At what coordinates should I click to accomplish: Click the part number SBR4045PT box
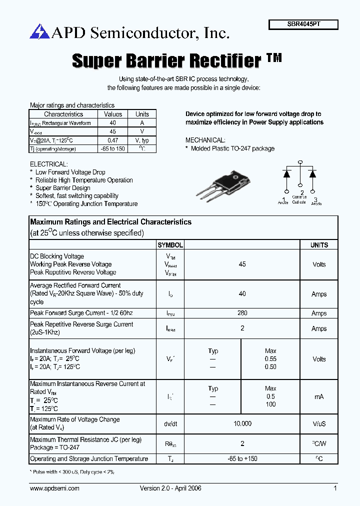pos(303,24)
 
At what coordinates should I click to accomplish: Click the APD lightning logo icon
pos(37,32)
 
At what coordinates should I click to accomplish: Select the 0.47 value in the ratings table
pos(113,140)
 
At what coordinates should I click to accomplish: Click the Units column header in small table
pos(142,114)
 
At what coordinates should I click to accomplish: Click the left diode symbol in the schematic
pos(287,174)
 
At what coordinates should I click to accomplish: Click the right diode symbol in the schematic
pos(313,174)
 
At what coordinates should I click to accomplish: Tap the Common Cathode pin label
pos(299,200)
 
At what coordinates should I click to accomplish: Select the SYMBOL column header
pos(170,245)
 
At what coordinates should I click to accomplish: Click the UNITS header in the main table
pos(319,245)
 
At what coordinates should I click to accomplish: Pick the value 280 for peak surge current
pos(242,313)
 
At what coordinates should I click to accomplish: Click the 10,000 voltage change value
pos(242,423)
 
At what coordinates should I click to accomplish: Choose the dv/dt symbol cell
pos(170,423)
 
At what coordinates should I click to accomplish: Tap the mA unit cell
pos(319,396)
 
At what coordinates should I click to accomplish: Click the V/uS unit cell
pos(319,423)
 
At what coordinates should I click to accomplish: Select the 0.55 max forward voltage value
pos(270,359)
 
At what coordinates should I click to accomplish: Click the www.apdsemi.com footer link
pos(54,488)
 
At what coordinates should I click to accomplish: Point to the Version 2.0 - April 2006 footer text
pos(170,488)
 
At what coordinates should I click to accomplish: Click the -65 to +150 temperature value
pos(242,458)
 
